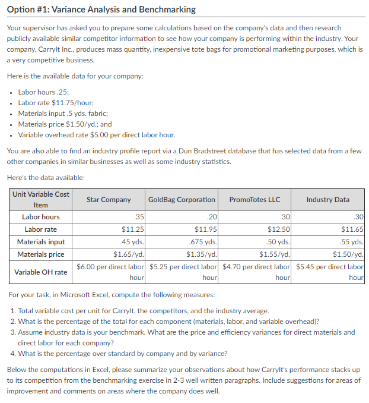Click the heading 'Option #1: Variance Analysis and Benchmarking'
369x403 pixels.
pos(101,10)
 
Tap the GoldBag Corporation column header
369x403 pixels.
pos(182,200)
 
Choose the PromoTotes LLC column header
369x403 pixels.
pos(255,200)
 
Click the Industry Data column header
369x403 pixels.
pos(327,200)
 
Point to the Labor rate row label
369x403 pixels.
pos(41,229)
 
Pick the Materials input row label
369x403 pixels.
pos(41,242)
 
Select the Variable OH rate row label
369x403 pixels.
pos(41,272)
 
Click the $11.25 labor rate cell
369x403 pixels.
pos(132,229)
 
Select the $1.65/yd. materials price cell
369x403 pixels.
pos(129,254)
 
